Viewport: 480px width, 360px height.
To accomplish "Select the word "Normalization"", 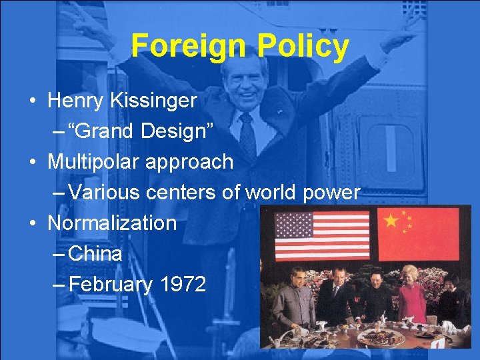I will [x=112, y=223].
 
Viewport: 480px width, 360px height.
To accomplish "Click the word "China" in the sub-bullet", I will [x=95, y=253].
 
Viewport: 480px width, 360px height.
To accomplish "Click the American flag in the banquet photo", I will [x=322, y=235].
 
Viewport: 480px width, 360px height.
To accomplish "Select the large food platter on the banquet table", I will [x=381, y=337].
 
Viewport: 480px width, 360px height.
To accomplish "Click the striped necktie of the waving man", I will [x=247, y=137].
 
